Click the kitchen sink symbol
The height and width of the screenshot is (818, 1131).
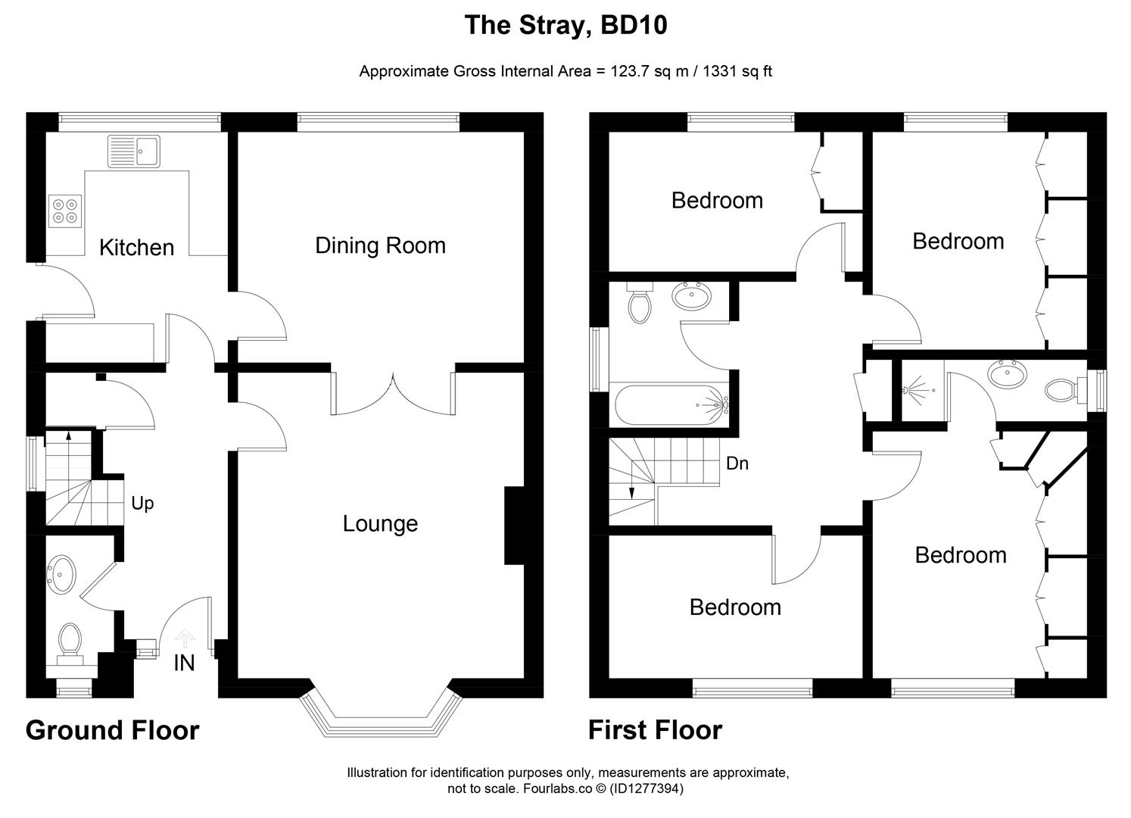pyautogui.click(x=134, y=151)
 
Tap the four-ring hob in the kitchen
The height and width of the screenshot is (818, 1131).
pyautogui.click(x=64, y=211)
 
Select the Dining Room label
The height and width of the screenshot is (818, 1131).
pyautogui.click(x=380, y=245)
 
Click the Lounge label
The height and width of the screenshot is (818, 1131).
pyautogui.click(x=380, y=523)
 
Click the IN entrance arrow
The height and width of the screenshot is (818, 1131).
pyautogui.click(x=185, y=641)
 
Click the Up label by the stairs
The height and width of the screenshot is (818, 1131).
pyautogui.click(x=142, y=503)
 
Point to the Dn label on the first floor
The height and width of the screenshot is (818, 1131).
pyautogui.click(x=737, y=463)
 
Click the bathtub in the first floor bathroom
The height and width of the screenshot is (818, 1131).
pyautogui.click(x=670, y=404)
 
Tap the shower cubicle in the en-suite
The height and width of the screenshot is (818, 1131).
pyautogui.click(x=920, y=391)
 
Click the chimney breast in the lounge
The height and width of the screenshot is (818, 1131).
pyautogui.click(x=514, y=526)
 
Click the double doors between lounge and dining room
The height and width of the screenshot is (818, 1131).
pyautogui.click(x=393, y=394)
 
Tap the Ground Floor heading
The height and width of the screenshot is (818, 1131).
pyautogui.click(x=113, y=730)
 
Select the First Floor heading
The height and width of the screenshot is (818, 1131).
pyautogui.click(x=655, y=730)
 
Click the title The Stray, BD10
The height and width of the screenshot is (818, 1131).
pyautogui.click(x=565, y=26)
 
